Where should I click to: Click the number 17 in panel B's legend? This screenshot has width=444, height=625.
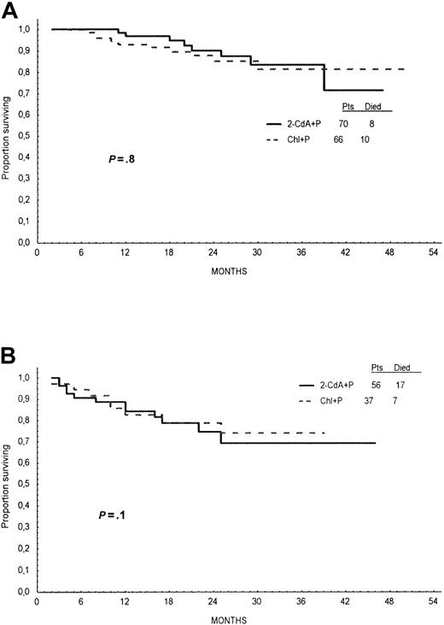(x=401, y=384)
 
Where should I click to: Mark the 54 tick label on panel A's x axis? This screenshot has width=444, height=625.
(x=433, y=254)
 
